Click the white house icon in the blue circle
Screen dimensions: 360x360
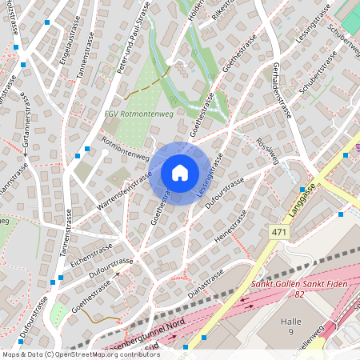pos(180,173)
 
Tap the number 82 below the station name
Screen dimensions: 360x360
pos(300,294)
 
